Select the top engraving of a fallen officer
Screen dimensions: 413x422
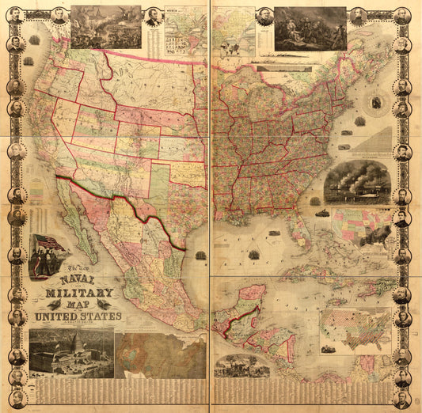[x=310, y=28]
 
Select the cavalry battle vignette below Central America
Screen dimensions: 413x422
[x=242, y=365]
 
